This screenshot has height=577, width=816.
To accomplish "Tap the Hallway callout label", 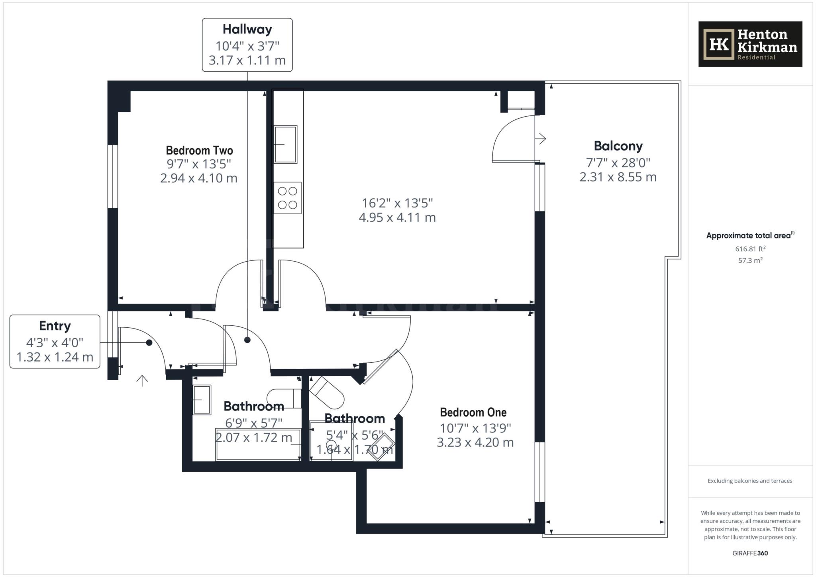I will pos(247,45).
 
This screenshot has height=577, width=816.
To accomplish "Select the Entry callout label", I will pos(55,342).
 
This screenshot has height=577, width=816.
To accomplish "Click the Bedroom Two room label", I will pos(199,151).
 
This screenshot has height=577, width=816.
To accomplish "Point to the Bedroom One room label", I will pos(473,412).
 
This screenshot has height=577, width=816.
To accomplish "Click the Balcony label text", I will pos(618,146).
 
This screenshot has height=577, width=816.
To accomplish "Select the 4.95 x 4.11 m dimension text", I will pos(397,217).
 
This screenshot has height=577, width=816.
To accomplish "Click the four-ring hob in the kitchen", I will pos(288,198).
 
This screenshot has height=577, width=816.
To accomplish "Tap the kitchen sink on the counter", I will pos(285,144).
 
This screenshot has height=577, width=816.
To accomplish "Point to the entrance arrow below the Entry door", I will pos(142,381).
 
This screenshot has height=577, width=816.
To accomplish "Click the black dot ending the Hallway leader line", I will pos(247,340).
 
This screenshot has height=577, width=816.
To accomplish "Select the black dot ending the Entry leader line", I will pos(149,342).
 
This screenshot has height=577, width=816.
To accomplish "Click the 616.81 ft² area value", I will pos(750,249).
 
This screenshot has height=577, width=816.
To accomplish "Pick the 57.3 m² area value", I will pos(750,261).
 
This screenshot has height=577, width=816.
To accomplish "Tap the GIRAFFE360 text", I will pos(750,553).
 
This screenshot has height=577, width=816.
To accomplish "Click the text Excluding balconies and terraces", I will pos(750,481).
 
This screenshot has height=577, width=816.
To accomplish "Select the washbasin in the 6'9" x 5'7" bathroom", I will pos(202,400).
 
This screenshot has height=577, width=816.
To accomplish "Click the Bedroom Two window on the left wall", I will pos(113,176).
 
